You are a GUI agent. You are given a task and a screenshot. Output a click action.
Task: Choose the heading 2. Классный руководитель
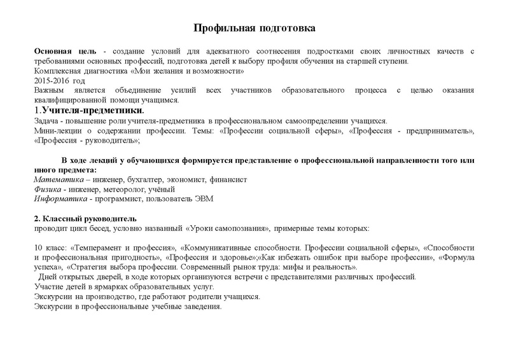click(x=83, y=219)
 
